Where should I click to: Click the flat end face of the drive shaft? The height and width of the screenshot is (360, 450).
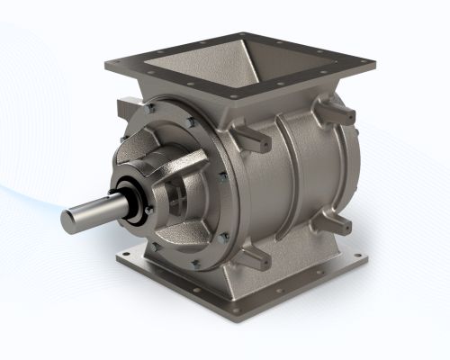73,217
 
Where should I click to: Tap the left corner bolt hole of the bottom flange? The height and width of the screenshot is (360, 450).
133,262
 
